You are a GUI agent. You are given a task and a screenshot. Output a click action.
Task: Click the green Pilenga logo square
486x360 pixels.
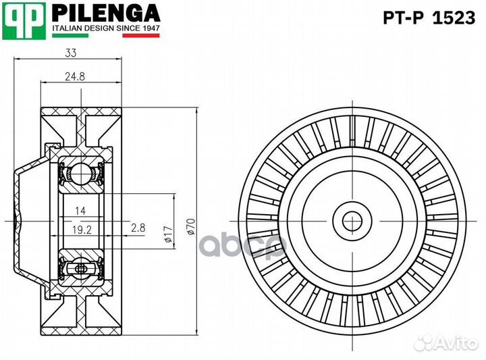tap(24, 20)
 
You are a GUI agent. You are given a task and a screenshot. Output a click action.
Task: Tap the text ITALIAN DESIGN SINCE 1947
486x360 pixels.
tap(105, 28)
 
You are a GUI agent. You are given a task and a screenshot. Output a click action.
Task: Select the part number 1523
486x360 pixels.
tap(454, 18)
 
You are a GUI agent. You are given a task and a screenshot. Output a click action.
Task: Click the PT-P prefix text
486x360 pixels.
tap(404, 18)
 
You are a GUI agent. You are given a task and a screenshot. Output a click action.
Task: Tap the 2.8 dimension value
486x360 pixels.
tap(138, 228)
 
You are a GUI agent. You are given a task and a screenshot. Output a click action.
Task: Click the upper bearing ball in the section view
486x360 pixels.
tap(80, 173)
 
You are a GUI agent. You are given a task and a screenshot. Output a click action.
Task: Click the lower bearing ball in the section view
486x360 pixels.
tap(80, 268)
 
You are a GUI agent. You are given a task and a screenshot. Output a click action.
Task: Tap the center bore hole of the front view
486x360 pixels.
tap(351, 220)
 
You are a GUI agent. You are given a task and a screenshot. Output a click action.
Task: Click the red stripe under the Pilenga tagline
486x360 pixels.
tap(140, 35)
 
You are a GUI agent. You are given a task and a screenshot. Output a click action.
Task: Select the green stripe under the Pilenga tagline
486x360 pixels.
tap(70, 35)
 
